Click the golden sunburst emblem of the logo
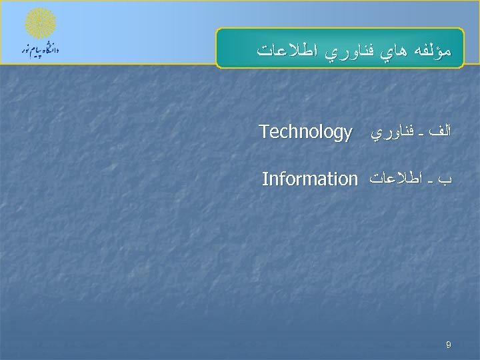pyautogui.click(x=41, y=23)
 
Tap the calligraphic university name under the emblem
pyautogui.click(x=41, y=51)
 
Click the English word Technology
pyautogui.click(x=305, y=133)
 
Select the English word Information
pyautogui.click(x=310, y=179)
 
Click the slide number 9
pyautogui.click(x=449, y=345)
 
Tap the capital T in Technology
pyautogui.click(x=263, y=131)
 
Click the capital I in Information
pyautogui.click(x=265, y=179)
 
